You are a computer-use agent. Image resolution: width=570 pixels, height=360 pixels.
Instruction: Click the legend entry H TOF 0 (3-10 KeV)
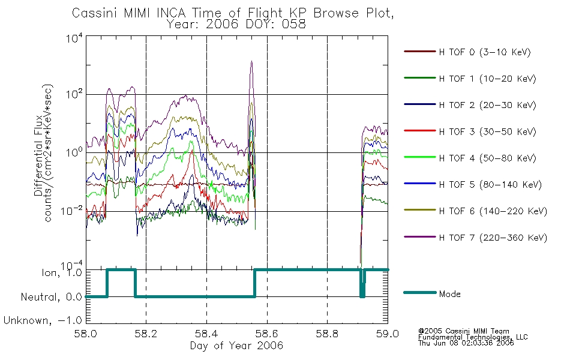pyautogui.click(x=467, y=52)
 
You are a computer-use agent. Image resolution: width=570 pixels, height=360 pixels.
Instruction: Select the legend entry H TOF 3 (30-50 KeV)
pyautogui.click(x=470, y=131)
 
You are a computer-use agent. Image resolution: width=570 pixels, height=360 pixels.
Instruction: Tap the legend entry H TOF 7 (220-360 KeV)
pyautogui.click(x=475, y=238)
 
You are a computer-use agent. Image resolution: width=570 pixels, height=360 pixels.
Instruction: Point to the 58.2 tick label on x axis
pyautogui.click(x=146, y=334)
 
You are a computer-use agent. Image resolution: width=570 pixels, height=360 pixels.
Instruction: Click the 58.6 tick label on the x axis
pyautogui.click(x=267, y=334)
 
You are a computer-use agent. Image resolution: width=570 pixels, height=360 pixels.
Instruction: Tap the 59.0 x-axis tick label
pyautogui.click(x=388, y=334)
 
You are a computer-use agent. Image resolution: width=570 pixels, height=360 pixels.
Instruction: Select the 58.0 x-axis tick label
pyautogui.click(x=86, y=334)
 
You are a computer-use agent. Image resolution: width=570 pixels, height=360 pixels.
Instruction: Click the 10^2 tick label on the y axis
pyautogui.click(x=74, y=94)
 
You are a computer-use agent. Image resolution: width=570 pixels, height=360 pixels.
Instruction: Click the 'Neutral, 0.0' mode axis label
pyautogui.click(x=52, y=297)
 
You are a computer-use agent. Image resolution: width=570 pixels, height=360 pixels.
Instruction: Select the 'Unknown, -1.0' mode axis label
pyautogui.click(x=43, y=320)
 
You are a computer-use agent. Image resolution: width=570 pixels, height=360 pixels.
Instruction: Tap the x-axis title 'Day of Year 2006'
pyautogui.click(x=236, y=346)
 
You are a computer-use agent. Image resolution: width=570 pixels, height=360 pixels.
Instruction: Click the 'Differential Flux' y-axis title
pyautogui.click(x=38, y=155)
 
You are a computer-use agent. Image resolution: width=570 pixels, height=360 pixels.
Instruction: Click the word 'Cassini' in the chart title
pyautogui.click(x=95, y=13)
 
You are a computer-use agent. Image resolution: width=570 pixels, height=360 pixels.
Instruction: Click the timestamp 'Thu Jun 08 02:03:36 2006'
pyautogui.click(x=466, y=343)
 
